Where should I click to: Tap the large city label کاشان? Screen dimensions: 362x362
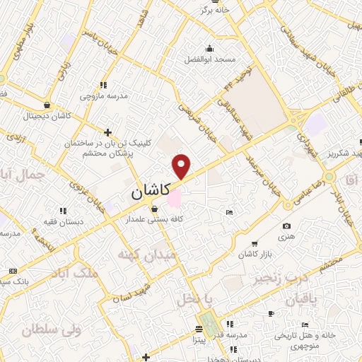click(154, 192)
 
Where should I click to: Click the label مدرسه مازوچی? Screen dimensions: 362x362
click(103, 95)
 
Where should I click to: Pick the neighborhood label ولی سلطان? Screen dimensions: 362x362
click(52, 328)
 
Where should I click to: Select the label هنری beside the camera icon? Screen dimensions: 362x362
click(286, 239)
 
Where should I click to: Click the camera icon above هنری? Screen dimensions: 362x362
click(286, 226)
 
